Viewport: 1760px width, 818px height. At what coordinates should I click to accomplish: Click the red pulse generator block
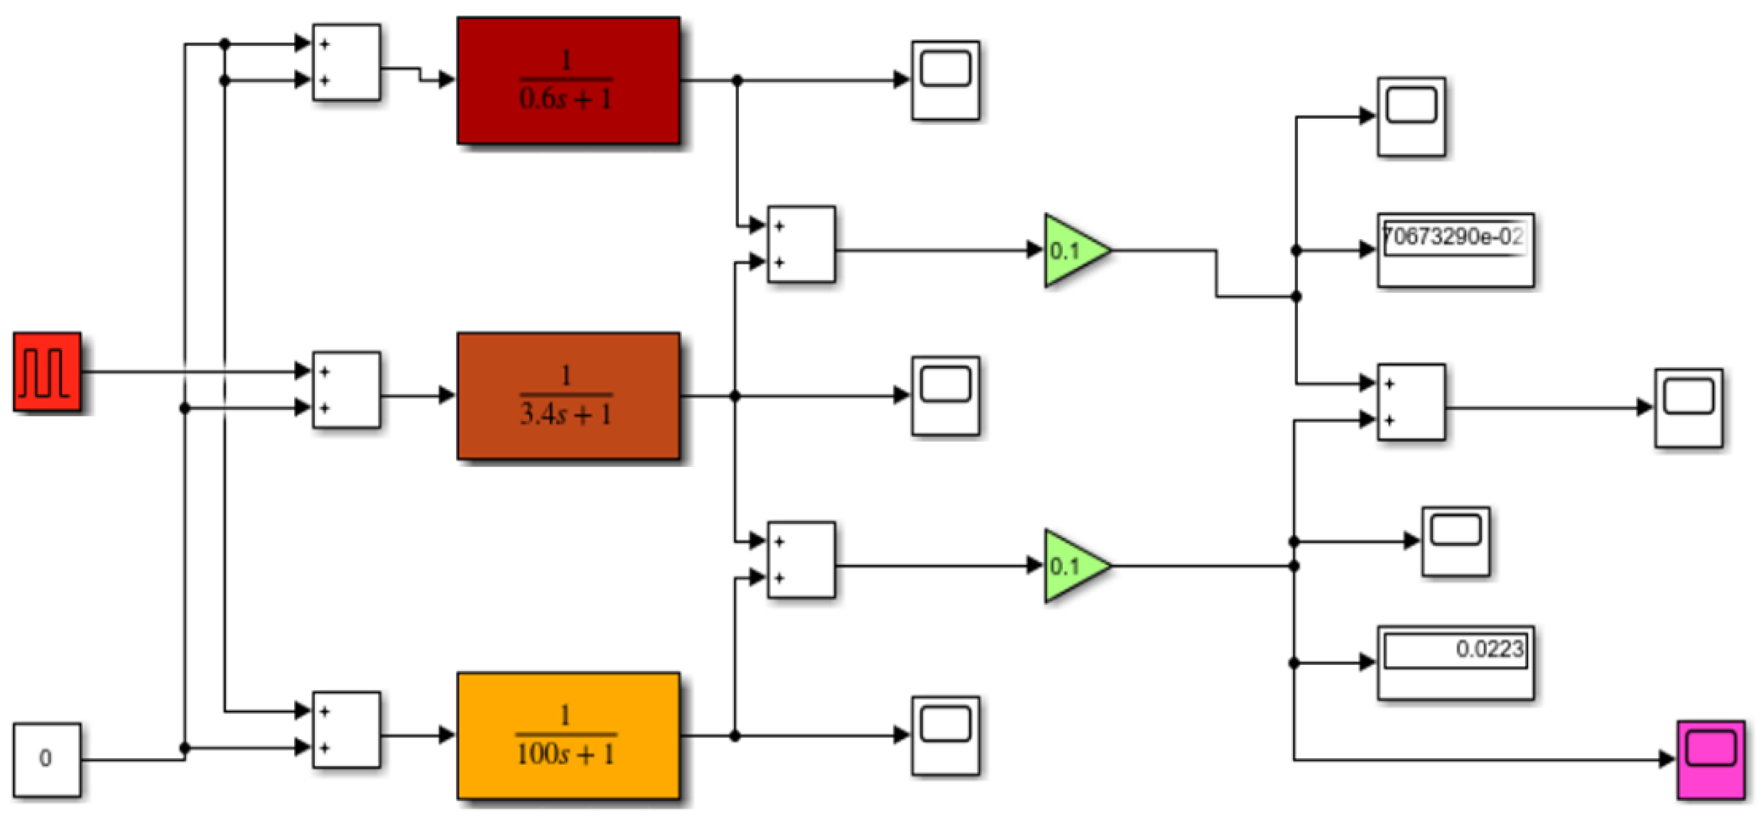47,372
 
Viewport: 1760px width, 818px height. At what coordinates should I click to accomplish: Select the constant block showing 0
47,759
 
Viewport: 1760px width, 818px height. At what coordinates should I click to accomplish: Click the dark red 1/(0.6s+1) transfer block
568,80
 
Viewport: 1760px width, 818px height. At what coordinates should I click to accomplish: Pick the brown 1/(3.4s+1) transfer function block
568,396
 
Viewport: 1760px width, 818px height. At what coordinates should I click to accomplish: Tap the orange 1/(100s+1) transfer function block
568,736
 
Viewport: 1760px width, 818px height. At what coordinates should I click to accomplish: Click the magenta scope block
1711,759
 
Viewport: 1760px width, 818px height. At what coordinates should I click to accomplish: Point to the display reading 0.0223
1455,662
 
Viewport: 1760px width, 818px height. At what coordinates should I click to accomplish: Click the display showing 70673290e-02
1455,250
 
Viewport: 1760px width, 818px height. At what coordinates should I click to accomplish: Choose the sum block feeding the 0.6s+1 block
346,62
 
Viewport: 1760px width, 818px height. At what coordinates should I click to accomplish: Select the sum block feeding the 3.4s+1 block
346,389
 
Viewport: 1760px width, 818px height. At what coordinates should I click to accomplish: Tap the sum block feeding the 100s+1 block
346,729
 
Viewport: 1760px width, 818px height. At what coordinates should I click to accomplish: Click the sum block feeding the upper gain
801,244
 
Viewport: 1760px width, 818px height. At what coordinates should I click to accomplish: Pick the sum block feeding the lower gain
801,560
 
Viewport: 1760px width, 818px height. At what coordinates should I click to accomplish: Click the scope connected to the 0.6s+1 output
945,80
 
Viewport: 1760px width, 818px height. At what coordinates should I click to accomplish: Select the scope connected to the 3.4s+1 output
945,396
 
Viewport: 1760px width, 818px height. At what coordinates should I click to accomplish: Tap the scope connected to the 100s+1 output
945,736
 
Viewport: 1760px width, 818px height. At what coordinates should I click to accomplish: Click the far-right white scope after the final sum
1688,408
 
